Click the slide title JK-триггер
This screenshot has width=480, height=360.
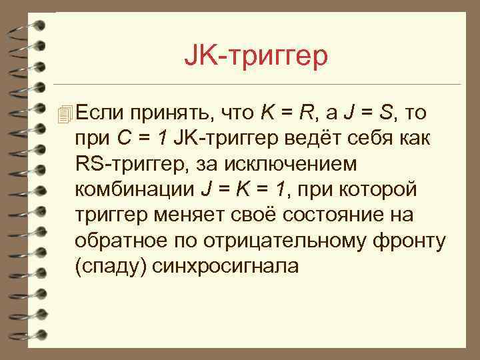[x=256, y=57]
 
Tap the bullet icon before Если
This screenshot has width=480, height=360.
[x=64, y=115]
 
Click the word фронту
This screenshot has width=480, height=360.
[x=409, y=240]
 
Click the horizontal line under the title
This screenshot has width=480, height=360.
[x=267, y=85]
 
